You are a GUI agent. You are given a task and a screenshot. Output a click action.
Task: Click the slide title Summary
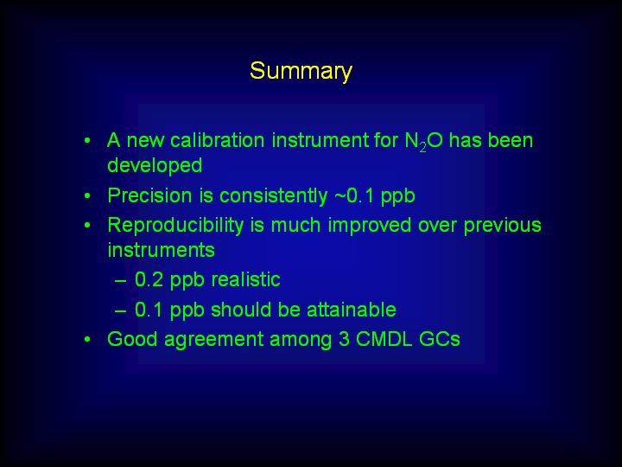click(x=301, y=72)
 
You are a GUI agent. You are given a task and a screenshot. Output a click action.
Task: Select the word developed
click(x=155, y=165)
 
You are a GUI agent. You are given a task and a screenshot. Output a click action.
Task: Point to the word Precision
click(x=150, y=195)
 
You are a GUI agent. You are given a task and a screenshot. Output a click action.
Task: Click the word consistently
click(x=274, y=195)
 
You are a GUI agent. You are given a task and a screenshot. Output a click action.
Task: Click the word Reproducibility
click(x=175, y=226)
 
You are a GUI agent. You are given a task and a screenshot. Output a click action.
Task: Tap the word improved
click(x=370, y=226)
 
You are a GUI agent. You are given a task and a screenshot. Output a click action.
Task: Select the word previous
click(x=502, y=226)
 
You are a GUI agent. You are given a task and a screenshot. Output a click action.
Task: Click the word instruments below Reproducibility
click(x=161, y=250)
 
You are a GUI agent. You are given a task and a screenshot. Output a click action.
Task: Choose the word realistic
click(x=245, y=279)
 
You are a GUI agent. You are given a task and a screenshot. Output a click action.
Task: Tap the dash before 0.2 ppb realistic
click(x=120, y=280)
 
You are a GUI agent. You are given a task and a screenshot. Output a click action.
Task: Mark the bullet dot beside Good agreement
click(x=87, y=340)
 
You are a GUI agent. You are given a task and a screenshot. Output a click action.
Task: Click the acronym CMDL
click(x=384, y=339)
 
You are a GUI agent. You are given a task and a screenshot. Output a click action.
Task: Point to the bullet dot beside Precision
click(x=87, y=196)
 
